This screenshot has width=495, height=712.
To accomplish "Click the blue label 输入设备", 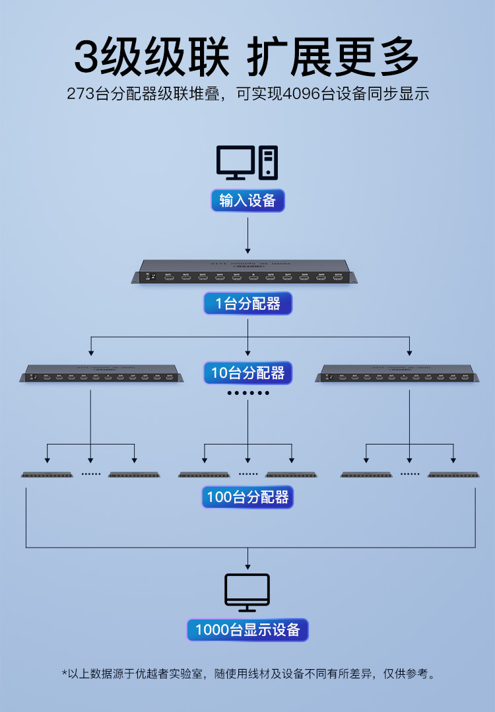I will pos(247,201).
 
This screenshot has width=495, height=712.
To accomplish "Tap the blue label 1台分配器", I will pos(247,304).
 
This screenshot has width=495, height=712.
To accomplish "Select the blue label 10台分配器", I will pos(247,373).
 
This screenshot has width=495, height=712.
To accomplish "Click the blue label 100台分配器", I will pos(247,497).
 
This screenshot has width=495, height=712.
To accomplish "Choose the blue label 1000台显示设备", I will pos(247,630).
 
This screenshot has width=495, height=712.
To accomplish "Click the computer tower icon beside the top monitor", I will pos(269,162).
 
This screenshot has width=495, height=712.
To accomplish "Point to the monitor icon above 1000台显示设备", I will pos(247,592).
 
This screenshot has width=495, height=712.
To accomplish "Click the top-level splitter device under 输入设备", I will pos(247,273).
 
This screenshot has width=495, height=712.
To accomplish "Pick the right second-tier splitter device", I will pos(397,374).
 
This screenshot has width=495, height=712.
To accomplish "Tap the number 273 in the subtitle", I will pos(81,94).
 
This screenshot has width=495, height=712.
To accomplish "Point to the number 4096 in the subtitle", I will pos(302,94).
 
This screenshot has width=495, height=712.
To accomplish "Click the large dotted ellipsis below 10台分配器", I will pos(248,393).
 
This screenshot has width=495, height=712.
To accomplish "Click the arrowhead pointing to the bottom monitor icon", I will pos(247,566).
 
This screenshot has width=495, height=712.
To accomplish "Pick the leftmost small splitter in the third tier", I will pos(46,474).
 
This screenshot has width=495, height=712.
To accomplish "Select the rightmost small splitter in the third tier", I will pos(453,474).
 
